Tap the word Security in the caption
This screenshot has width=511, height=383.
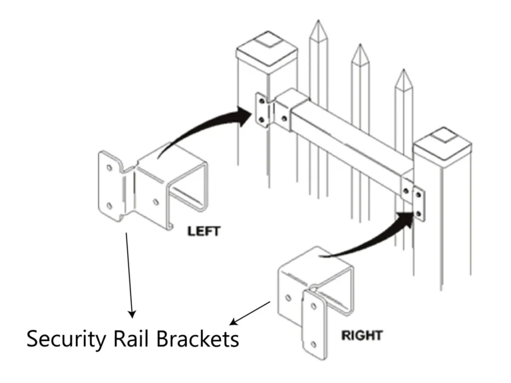pyautogui.click(x=65, y=339)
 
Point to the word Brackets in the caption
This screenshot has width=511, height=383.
pyautogui.click(x=198, y=339)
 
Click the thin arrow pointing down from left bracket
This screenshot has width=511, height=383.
pyautogui.click(x=129, y=273)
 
